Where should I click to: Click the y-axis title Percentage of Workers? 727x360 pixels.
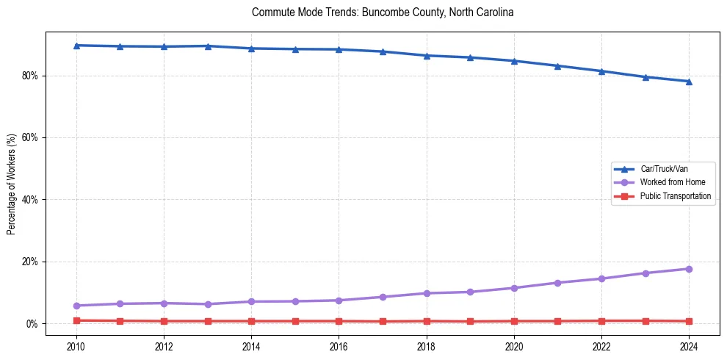click(11, 184)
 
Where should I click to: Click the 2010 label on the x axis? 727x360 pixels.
click(76, 345)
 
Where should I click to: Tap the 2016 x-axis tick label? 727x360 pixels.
click(339, 345)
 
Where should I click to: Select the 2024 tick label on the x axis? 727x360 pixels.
click(689, 345)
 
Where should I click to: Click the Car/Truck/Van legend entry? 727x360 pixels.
click(664, 169)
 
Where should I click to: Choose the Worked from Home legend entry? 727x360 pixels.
click(673, 182)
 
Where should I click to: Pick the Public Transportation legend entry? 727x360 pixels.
click(675, 196)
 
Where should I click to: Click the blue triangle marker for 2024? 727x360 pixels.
click(689, 82)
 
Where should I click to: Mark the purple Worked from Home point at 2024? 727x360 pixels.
click(689, 269)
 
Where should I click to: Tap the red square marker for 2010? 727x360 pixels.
click(76, 320)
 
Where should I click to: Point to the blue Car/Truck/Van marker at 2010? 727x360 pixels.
click(76, 46)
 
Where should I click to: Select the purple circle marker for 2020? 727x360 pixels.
click(514, 288)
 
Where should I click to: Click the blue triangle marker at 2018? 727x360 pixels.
click(427, 56)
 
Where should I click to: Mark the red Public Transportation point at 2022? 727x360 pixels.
click(601, 321)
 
